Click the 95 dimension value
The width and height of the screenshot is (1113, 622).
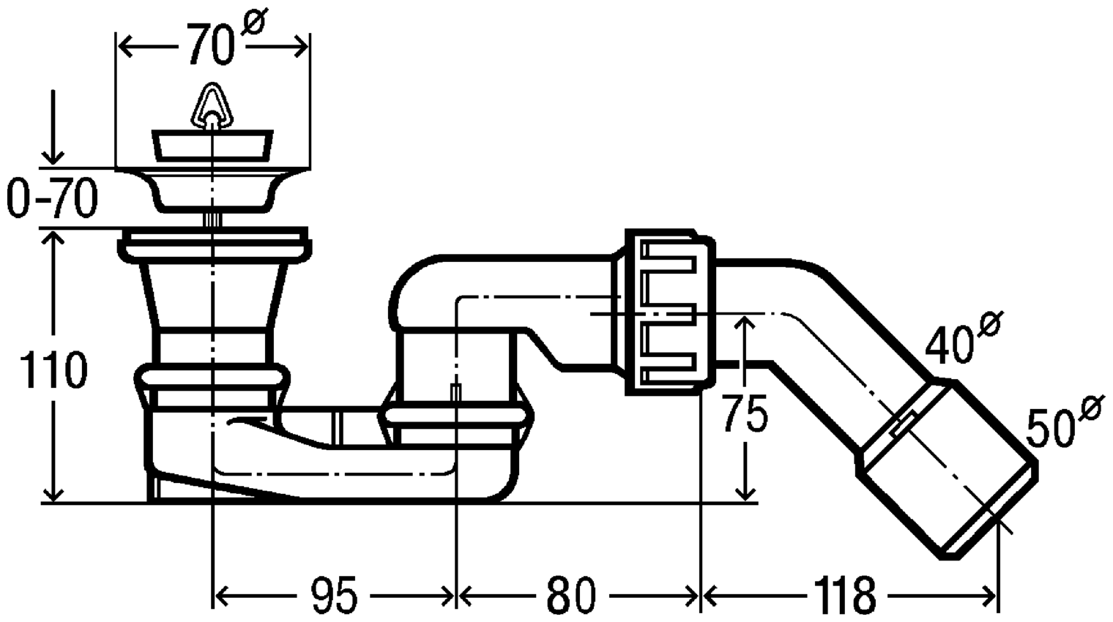334,595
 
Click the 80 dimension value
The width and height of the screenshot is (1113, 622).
571,595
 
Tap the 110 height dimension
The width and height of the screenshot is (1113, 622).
53,370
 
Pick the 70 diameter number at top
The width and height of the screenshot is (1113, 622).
211,45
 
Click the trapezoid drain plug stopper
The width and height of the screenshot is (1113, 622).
212,146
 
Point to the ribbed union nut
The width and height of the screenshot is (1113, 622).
669,311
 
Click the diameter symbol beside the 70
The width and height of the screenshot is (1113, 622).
255,20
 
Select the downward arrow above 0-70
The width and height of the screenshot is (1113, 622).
53,127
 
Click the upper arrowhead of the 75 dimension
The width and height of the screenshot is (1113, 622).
744,328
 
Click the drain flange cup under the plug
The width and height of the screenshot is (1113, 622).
212,190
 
